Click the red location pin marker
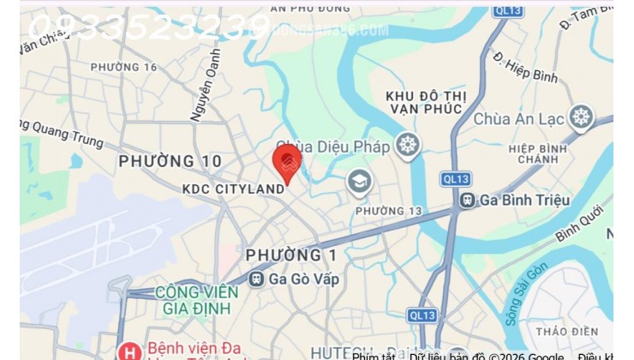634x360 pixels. tap(286, 163)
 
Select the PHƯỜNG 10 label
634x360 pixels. tap(170, 161)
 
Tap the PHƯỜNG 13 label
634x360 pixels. tap(377, 211)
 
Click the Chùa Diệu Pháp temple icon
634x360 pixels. tap(407, 146)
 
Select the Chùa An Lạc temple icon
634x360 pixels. tap(582, 117)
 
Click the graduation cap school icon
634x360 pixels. tap(358, 182)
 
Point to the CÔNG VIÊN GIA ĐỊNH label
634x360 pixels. tap(197, 300)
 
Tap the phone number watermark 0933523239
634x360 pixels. tap(150, 27)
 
